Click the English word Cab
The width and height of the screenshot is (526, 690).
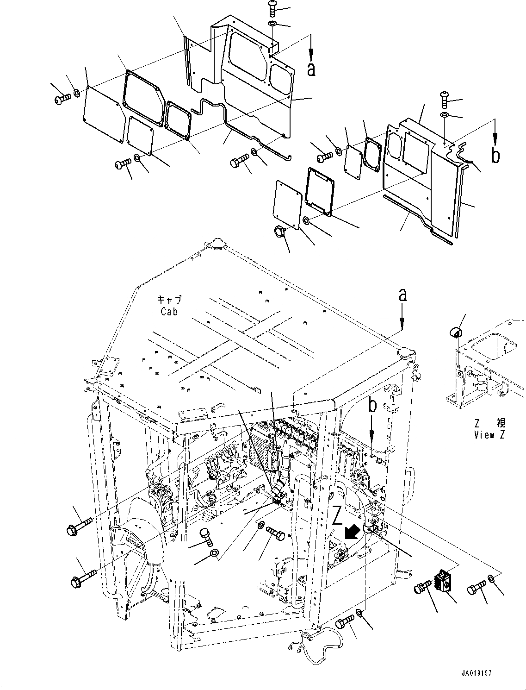(169, 312)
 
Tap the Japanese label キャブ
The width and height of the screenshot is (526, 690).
(169, 300)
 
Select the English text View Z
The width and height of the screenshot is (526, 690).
(489, 434)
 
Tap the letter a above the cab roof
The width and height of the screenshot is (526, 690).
(403, 295)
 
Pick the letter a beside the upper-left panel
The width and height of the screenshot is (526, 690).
(311, 69)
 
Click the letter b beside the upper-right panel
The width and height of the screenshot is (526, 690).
(495, 156)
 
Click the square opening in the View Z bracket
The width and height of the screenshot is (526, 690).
(497, 348)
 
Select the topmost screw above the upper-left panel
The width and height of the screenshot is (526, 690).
(272, 8)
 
